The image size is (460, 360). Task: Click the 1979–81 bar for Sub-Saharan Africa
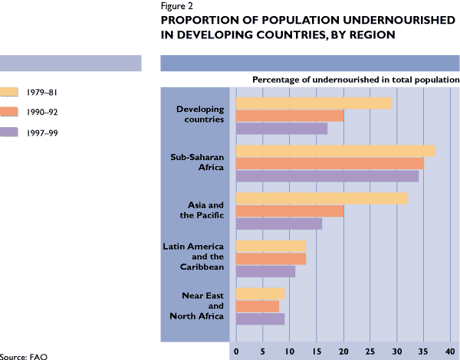[335, 151]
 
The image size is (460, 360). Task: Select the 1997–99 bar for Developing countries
[281, 128]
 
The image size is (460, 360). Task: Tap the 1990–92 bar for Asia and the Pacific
[289, 211]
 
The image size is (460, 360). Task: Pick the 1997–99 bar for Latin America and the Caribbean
[265, 271]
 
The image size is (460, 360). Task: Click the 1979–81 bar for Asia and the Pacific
[321, 198]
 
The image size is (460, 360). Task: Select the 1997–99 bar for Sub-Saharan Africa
[327, 175]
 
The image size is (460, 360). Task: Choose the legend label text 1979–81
[39, 93]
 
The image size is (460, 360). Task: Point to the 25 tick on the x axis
[371, 351]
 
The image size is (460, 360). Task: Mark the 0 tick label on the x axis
[236, 351]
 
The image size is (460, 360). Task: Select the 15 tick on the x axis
[317, 351]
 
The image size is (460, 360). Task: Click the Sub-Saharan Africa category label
[196, 162]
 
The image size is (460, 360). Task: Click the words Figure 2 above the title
[177, 5]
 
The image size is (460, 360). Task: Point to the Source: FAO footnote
[18, 356]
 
